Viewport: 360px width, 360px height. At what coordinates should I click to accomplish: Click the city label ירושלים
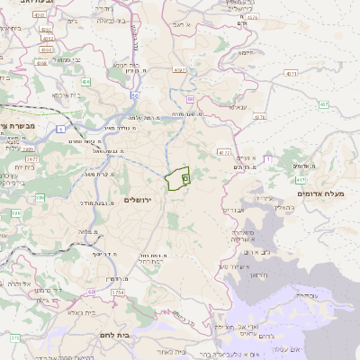(x=140, y=199)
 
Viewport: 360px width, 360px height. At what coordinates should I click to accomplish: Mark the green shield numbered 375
(x=15, y=337)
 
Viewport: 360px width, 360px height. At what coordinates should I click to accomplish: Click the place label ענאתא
(x=238, y=107)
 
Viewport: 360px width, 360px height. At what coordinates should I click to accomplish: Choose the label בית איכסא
(x=64, y=94)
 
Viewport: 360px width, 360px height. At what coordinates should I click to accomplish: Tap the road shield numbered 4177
(x=224, y=153)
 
